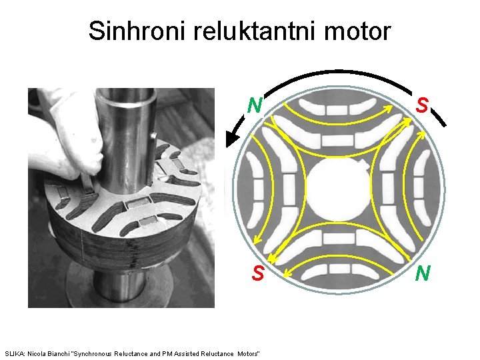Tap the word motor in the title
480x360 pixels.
click(x=356, y=30)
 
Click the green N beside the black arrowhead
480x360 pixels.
click(x=254, y=105)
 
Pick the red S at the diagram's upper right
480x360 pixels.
click(x=421, y=105)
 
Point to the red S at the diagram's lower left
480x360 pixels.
click(x=258, y=273)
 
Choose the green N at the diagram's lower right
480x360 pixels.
click(x=423, y=273)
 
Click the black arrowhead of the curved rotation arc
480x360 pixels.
click(x=232, y=139)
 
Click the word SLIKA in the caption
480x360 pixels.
click(x=14, y=353)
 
